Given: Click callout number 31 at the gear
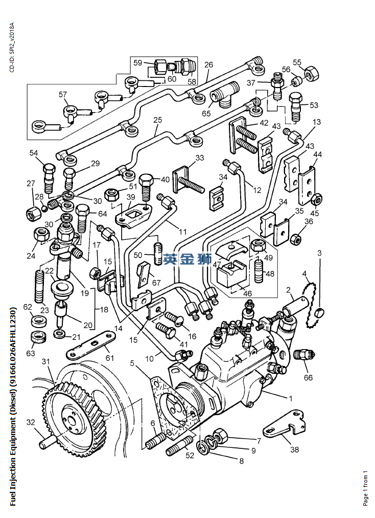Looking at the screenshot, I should tap(46, 362).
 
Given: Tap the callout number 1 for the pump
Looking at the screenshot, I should tap(291, 398).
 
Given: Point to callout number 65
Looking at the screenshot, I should tap(206, 113).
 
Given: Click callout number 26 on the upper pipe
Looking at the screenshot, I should tap(208, 64).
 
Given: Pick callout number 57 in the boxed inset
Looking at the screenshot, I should tap(63, 94).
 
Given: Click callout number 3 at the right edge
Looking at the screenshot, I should tap(319, 253).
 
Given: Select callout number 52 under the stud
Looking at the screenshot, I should tap(190, 456).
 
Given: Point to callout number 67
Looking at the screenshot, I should tap(156, 283).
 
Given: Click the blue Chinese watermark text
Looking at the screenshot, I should tap(188, 260).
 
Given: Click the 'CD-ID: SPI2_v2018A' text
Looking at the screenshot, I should tap(12, 47).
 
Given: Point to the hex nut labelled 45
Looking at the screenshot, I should tap(316, 198).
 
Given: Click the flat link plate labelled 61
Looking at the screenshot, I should tap(90, 347).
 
